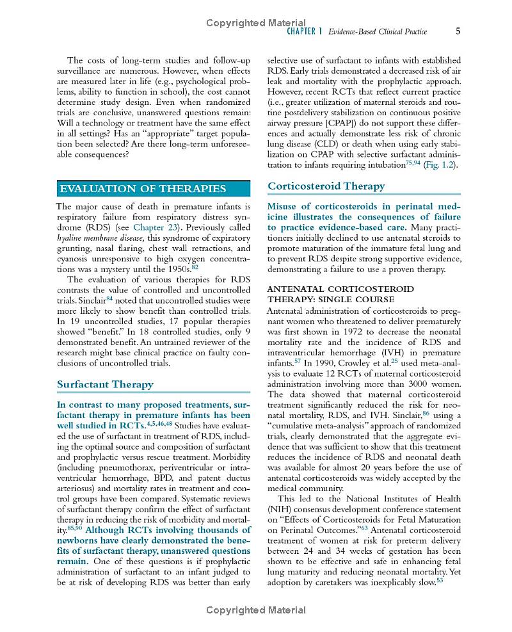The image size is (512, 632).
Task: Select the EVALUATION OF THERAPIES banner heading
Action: [143, 188]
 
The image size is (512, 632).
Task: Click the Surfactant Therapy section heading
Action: [105, 384]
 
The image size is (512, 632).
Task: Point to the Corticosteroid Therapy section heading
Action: [326, 186]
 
